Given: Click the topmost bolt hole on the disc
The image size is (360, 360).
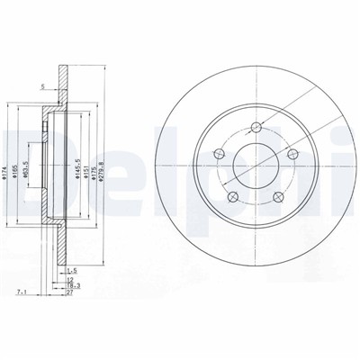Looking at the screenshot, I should [256, 125].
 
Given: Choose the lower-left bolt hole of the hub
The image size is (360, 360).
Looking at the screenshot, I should [232, 197].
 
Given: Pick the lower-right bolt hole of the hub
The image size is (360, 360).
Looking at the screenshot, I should [279, 197].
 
